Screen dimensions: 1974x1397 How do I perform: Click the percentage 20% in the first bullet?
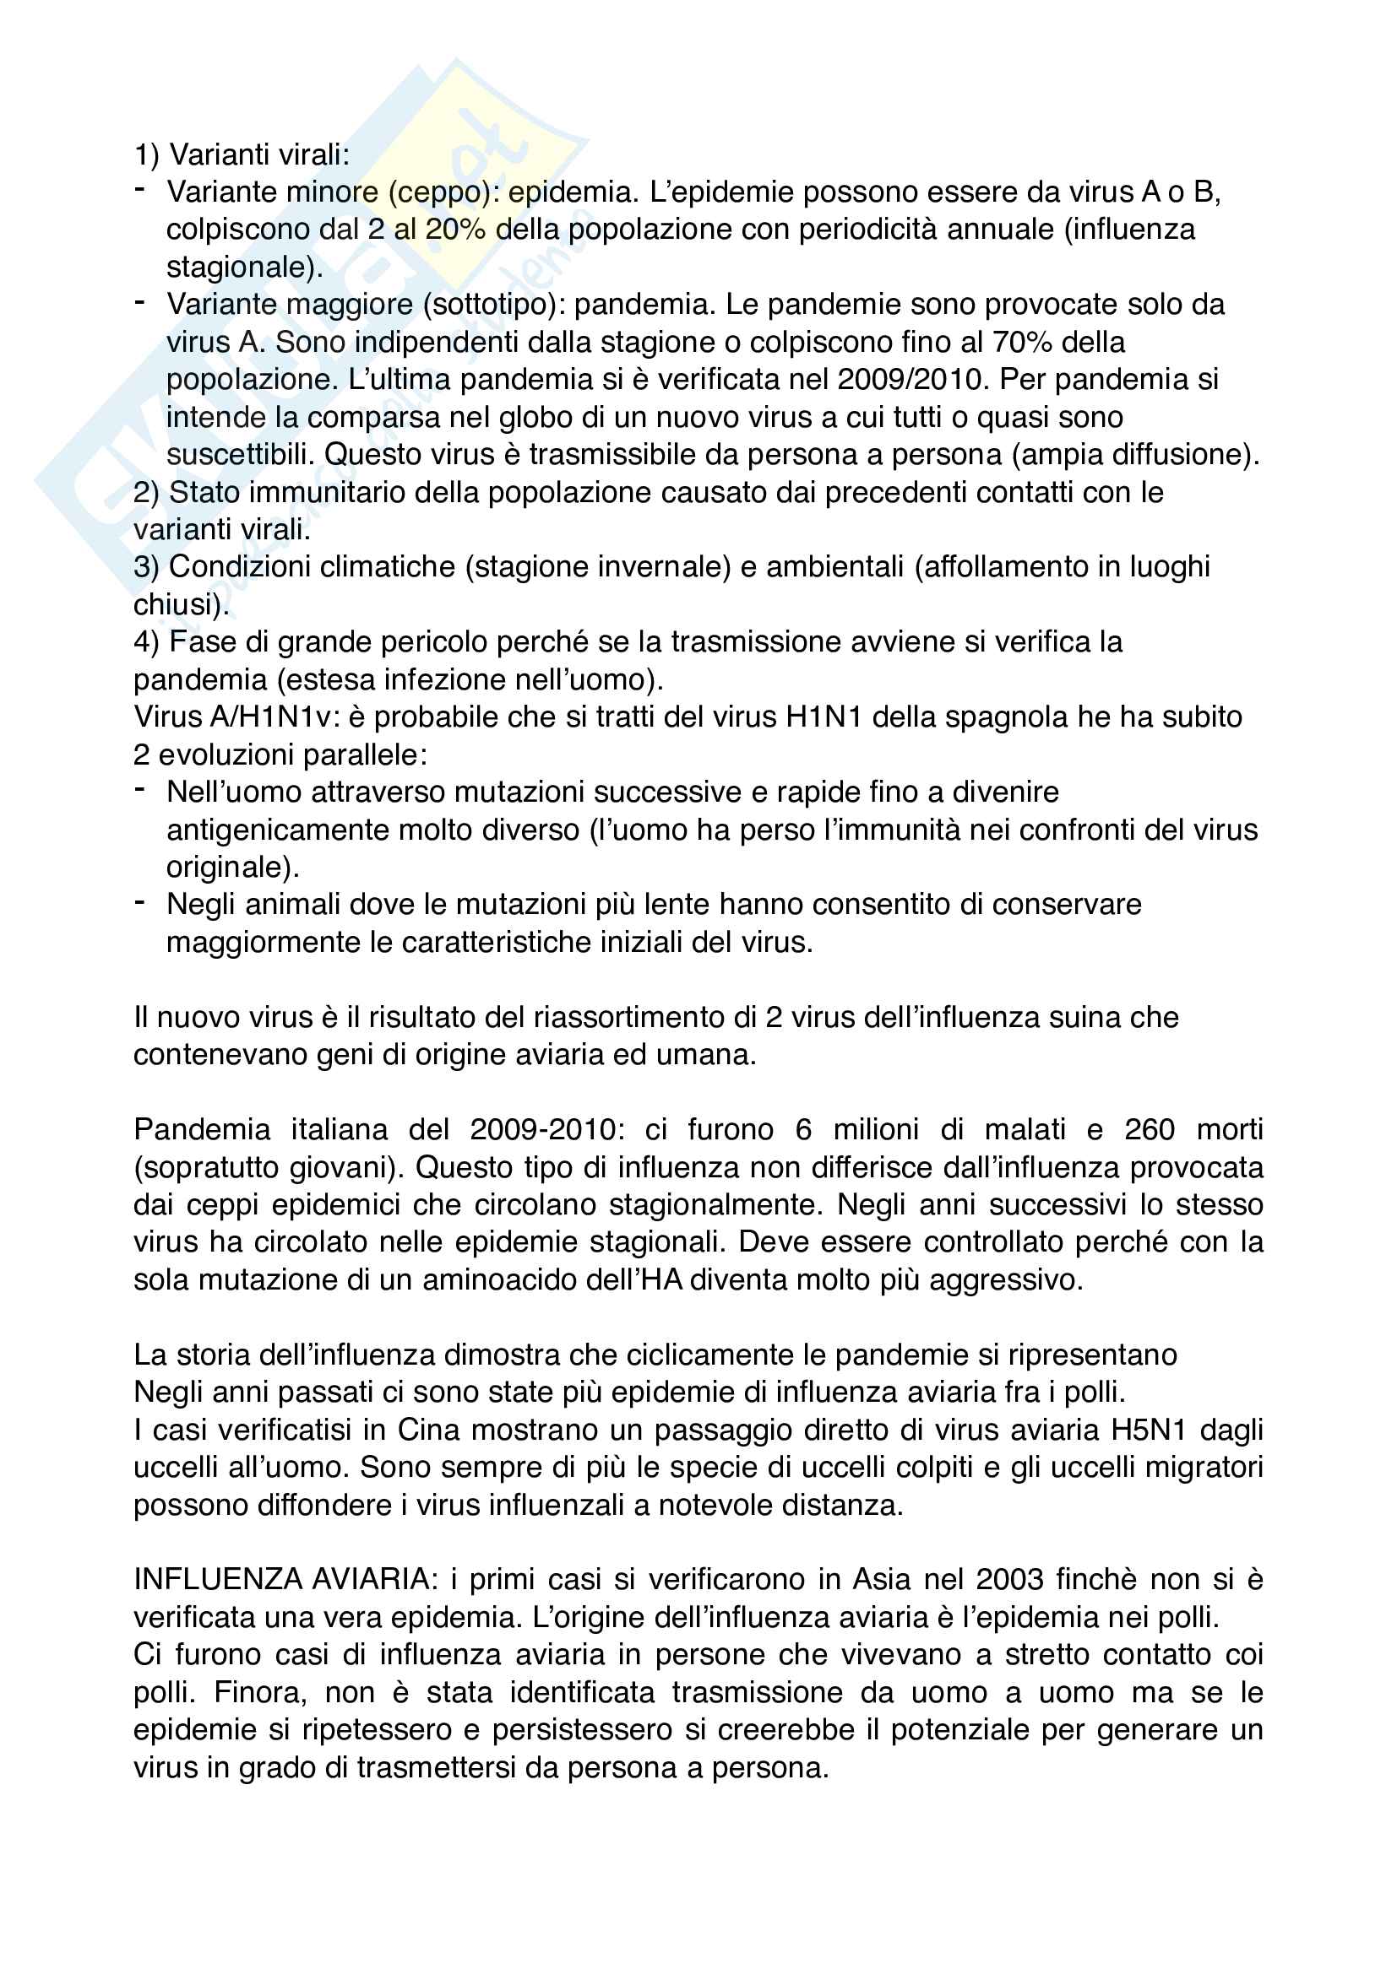click(455, 230)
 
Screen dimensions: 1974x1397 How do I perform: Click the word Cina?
click(431, 1430)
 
